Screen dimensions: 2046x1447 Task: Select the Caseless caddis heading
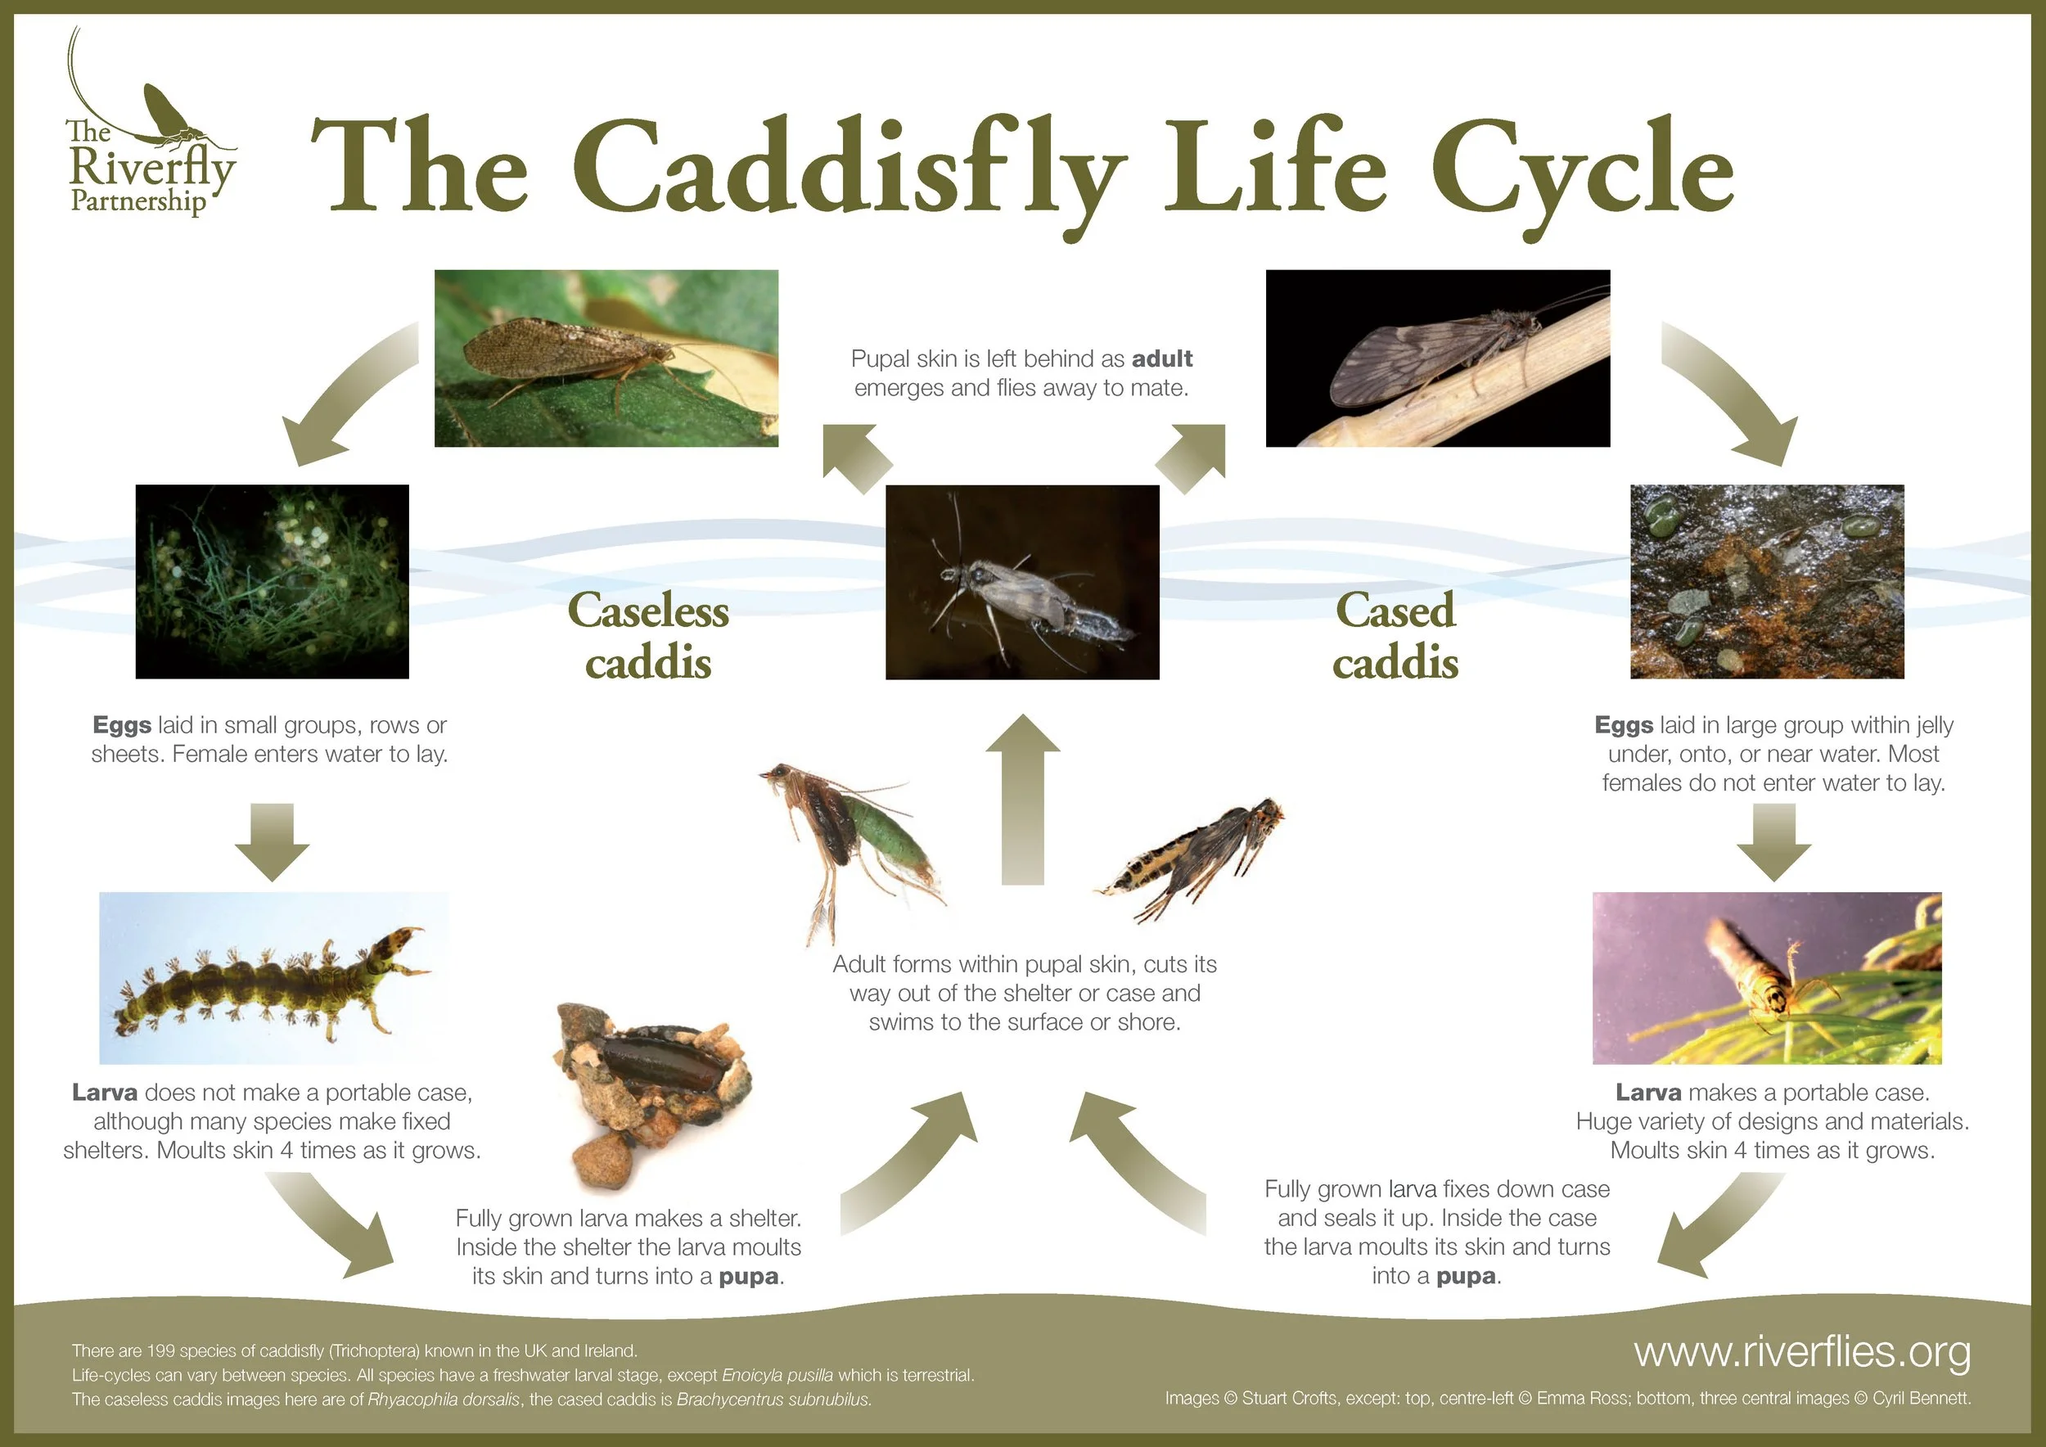click(648, 635)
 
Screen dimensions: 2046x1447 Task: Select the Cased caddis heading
click(1395, 635)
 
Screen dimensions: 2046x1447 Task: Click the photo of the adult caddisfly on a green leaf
click(606, 358)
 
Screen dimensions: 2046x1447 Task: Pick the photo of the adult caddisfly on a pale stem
click(1437, 358)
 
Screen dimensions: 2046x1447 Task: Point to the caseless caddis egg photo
click(272, 582)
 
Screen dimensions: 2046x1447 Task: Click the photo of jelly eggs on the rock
click(1767, 582)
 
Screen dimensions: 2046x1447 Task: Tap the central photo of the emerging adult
click(1022, 583)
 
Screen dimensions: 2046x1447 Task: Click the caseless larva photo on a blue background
click(273, 978)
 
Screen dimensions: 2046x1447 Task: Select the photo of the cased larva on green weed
click(1767, 978)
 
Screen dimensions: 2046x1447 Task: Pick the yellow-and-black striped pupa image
click(1190, 860)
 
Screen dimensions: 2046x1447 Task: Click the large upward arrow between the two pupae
click(1022, 800)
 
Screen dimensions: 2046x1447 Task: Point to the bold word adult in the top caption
click(1162, 359)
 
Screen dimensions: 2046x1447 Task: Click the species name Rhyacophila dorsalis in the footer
click(444, 1400)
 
